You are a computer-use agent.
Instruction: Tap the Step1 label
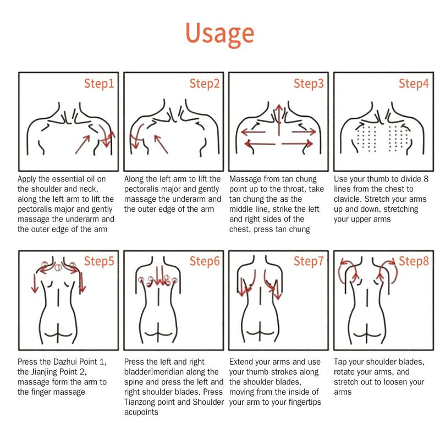tap(99, 84)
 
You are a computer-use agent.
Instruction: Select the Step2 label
tap(204, 84)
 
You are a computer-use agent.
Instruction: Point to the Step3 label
tap(309, 84)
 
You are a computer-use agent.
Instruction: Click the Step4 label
tap(414, 84)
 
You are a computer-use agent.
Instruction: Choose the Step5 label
tap(99, 261)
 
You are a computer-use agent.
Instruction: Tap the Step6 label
tap(204, 261)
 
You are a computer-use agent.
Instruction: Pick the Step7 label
tap(309, 261)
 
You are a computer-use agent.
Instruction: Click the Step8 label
tap(414, 261)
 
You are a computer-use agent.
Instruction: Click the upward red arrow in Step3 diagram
tap(279, 120)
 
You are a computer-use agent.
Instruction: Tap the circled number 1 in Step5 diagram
tap(58, 267)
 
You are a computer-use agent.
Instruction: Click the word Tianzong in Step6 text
tap(140, 402)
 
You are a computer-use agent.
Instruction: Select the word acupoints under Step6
tap(141, 412)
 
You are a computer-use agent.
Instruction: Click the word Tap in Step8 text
tap(340, 362)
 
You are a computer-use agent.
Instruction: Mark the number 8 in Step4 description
tap(426, 179)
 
